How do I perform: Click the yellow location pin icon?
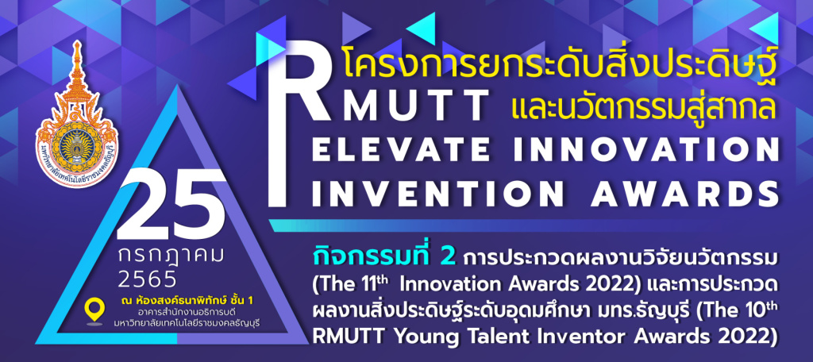94,310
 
